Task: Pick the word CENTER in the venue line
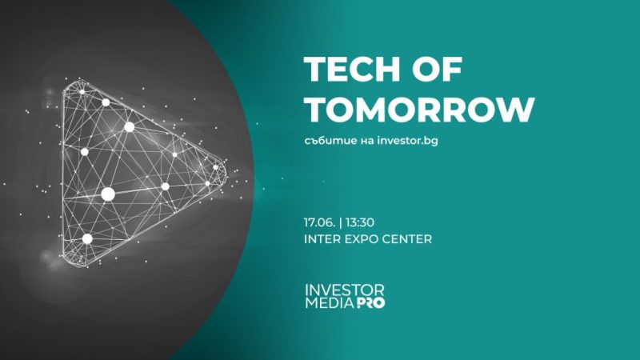pos(414,238)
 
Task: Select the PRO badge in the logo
pos(370,305)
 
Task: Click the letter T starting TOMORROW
pos(314,110)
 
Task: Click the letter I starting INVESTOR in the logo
pos(306,289)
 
